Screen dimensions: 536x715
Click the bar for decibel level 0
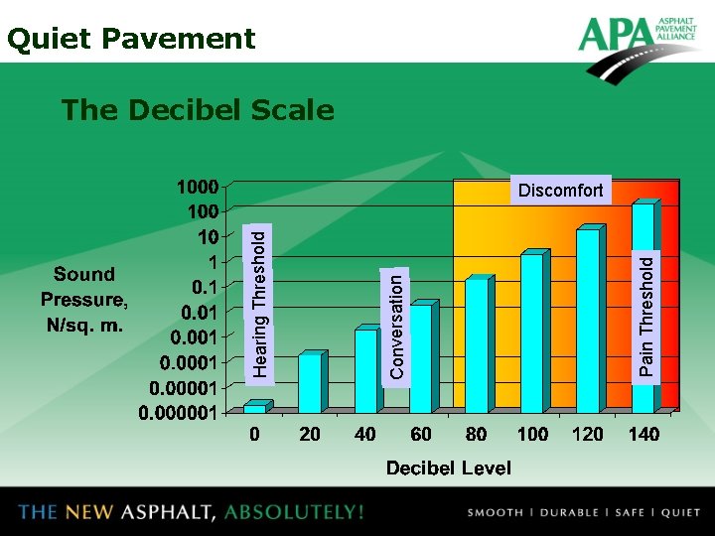coord(254,407)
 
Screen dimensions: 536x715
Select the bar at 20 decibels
coord(310,383)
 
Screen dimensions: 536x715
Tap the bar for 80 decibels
coord(477,345)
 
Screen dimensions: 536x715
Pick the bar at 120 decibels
coord(588,320)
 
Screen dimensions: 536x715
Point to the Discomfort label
coord(561,191)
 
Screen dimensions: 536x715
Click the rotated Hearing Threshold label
coord(259,304)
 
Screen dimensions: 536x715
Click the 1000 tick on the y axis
coord(197,187)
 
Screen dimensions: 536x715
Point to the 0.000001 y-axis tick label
coord(178,412)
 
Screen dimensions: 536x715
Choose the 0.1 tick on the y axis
coord(206,288)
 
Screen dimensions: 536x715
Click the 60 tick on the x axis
coord(420,434)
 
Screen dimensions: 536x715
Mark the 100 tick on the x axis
coord(532,434)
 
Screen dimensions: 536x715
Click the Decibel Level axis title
coord(449,468)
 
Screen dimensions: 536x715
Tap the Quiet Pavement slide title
coord(131,39)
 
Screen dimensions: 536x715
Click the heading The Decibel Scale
coord(197,110)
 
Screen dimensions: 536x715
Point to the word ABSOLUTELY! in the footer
coord(294,512)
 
